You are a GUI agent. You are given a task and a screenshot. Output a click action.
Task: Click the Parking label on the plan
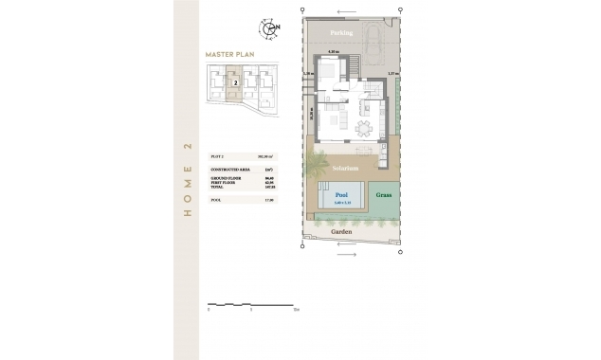click(340, 33)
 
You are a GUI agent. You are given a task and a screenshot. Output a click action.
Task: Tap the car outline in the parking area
click(374, 43)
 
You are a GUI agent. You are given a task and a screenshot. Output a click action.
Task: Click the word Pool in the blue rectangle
click(340, 192)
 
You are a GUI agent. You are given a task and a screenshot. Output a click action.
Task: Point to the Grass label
click(384, 195)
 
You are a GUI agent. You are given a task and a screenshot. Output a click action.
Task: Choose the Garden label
click(340, 230)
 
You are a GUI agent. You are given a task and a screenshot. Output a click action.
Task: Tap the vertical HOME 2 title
click(187, 180)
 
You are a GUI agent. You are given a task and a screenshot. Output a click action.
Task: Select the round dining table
click(364, 128)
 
